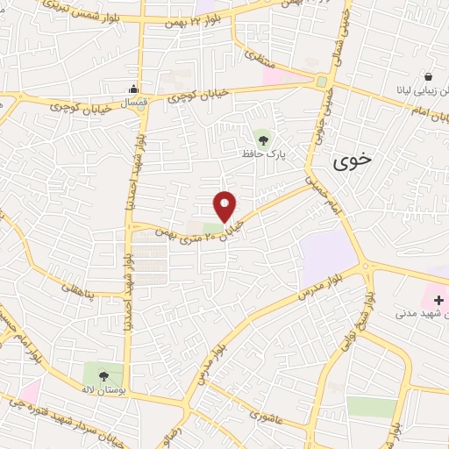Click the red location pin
225,205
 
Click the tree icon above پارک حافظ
260,138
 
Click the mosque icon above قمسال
132,88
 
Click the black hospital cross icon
438,299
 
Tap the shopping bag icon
427,76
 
